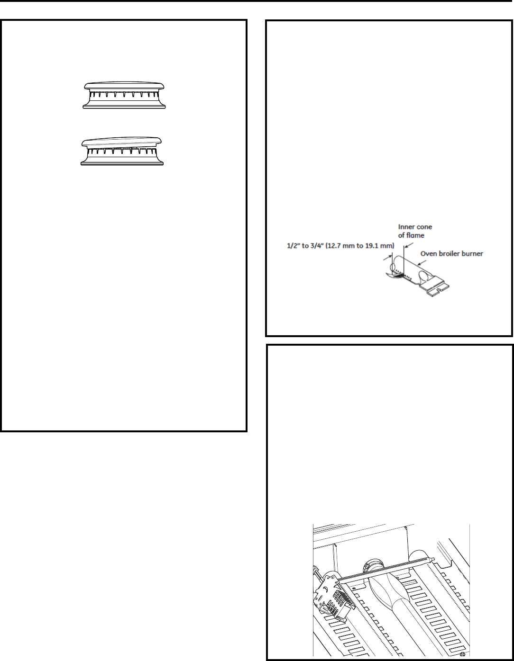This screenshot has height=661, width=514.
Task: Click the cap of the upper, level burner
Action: point(124,85)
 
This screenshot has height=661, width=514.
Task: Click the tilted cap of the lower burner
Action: point(122,143)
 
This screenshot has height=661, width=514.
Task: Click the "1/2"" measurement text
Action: point(294,246)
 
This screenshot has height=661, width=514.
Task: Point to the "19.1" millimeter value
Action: point(376,246)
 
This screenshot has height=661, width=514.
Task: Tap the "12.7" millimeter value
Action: point(334,246)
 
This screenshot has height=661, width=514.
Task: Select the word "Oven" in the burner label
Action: point(427,254)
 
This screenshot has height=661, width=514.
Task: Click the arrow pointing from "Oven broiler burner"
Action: point(422,262)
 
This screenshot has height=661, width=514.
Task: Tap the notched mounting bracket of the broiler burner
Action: point(435,286)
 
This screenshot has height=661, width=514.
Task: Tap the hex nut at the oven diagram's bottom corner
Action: point(462,653)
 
